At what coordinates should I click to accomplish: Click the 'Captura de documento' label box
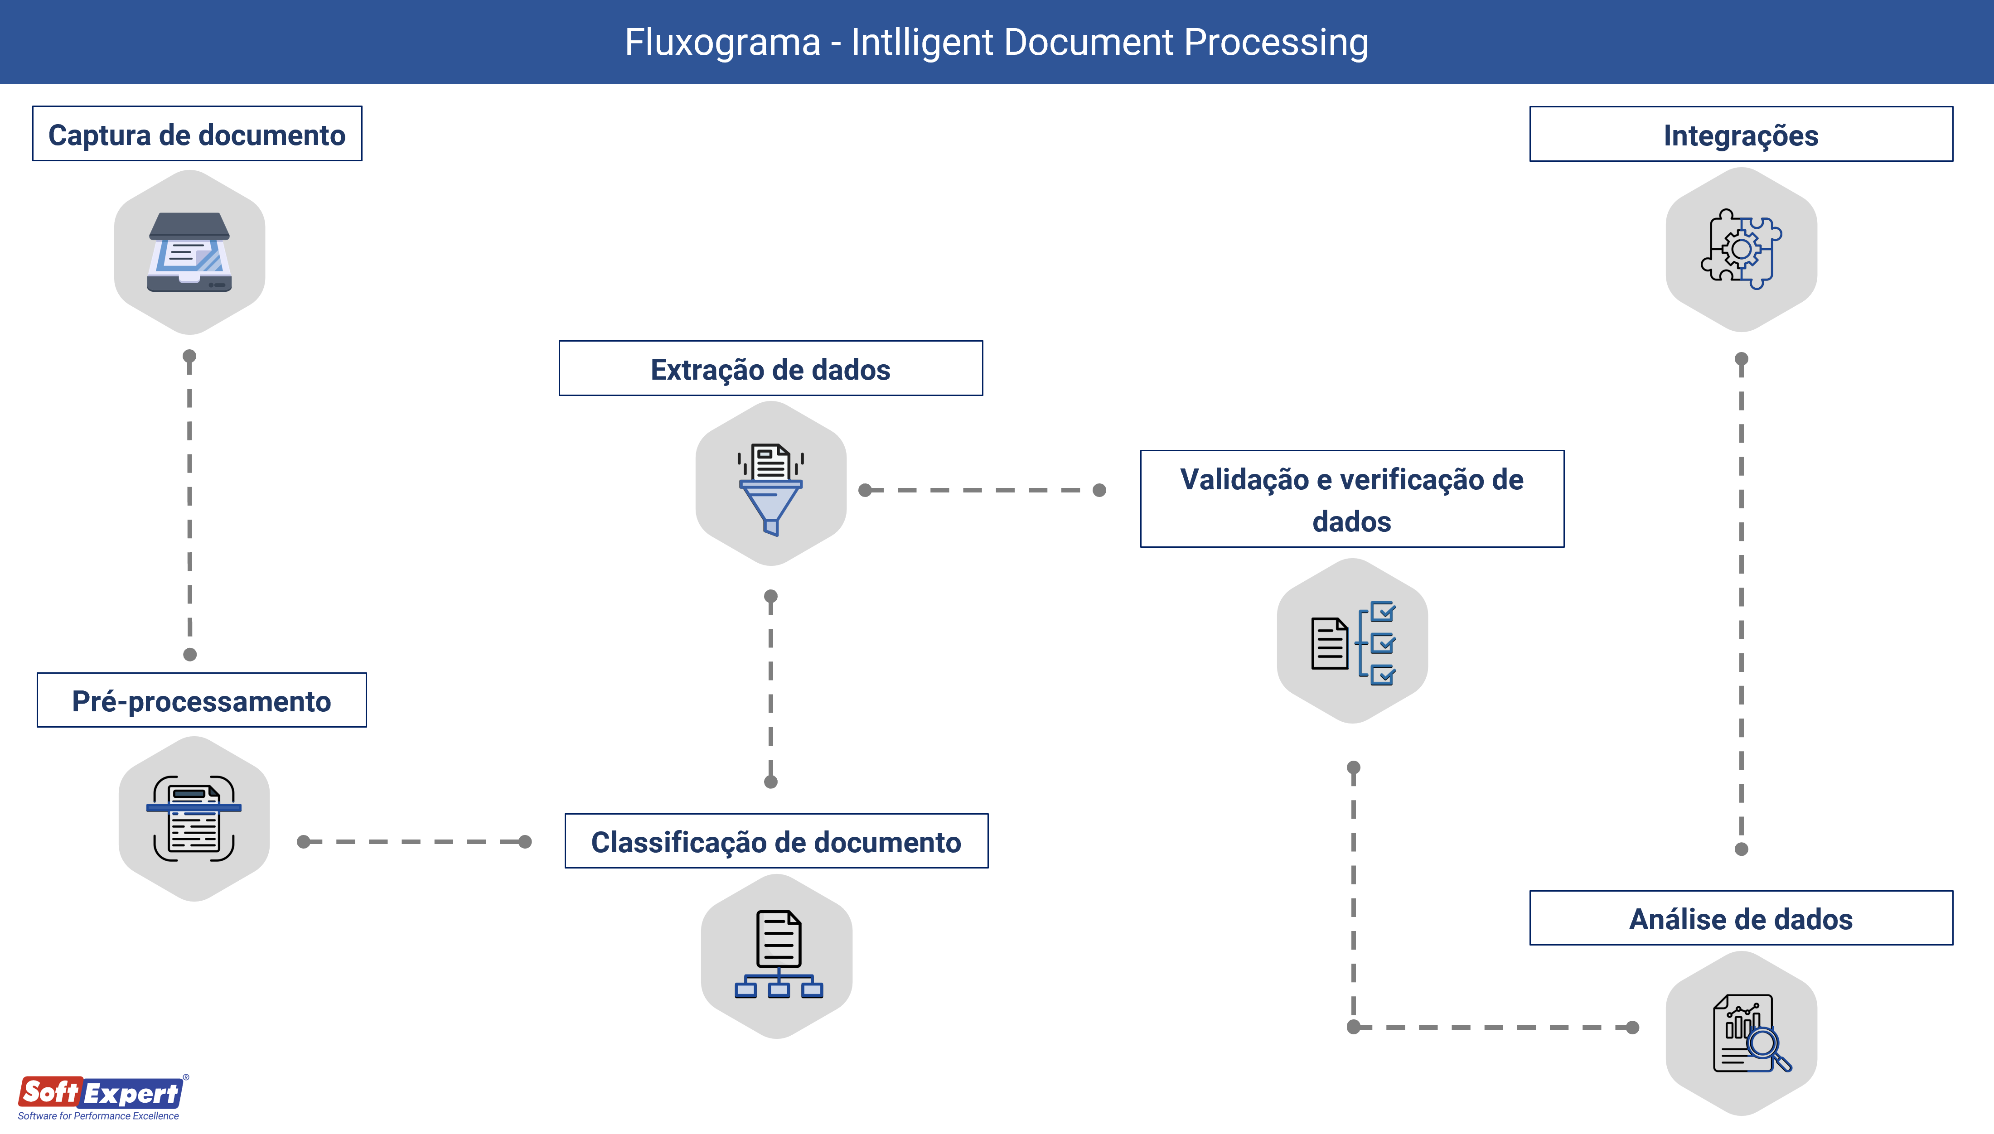197,134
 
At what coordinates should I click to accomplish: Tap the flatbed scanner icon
189,252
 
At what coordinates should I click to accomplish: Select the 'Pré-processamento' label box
202,700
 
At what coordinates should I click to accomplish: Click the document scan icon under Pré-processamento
194,819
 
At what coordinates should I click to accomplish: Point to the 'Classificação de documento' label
776,841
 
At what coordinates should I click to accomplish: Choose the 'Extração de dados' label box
770,368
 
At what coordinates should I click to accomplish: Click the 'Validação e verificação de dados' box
1351,499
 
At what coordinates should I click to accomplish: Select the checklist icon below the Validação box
1353,642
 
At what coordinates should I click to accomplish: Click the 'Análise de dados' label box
1741,918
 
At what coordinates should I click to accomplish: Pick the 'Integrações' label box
1741,135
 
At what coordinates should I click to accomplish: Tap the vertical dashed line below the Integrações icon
1742,603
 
